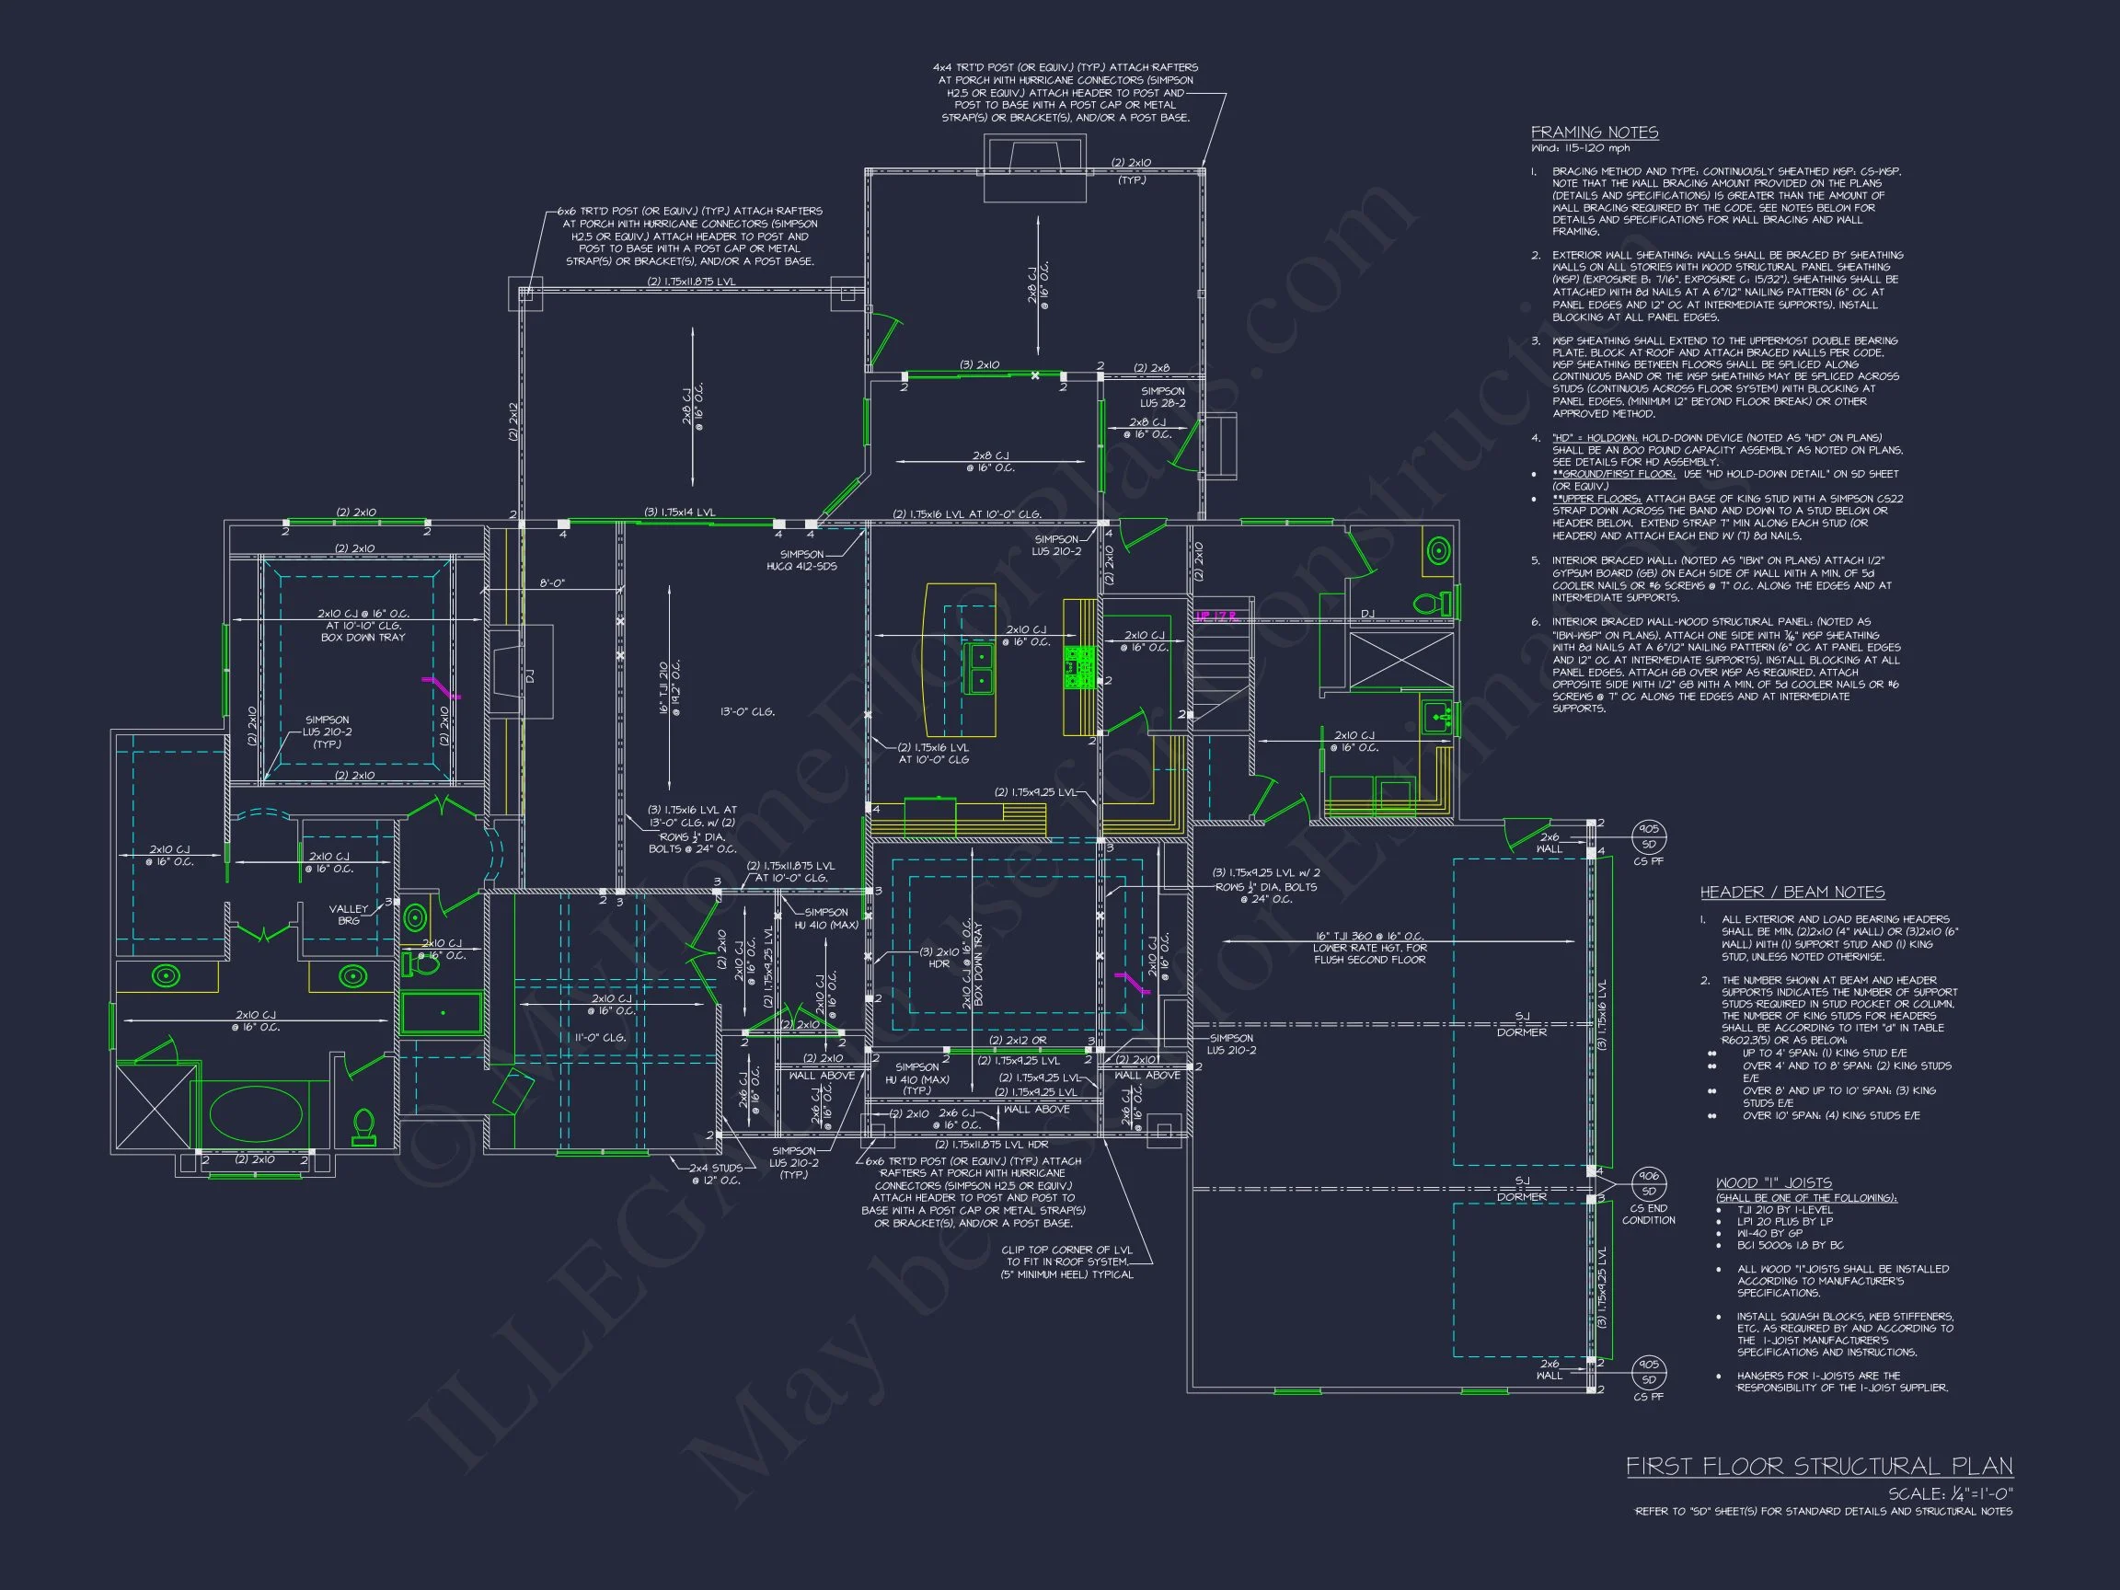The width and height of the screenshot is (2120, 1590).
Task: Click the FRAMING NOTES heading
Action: tap(1594, 132)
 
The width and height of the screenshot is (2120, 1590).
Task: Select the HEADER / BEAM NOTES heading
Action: tap(1792, 893)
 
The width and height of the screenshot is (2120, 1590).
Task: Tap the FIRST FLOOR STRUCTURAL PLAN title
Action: tap(1819, 1467)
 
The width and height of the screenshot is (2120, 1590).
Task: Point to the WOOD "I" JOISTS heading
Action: tap(1774, 1182)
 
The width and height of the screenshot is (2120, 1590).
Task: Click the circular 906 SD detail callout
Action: tap(1649, 1184)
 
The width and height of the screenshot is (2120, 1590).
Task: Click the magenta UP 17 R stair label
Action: tap(1217, 616)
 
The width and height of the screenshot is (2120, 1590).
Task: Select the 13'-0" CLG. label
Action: tap(747, 712)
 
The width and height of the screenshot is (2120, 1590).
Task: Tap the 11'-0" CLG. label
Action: tap(601, 1038)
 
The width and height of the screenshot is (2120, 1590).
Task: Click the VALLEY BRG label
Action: tap(349, 915)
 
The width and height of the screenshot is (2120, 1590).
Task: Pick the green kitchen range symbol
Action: tap(1079, 667)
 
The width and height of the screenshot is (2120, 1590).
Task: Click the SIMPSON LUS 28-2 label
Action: tap(1162, 397)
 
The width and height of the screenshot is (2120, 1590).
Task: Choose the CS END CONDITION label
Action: tap(1649, 1215)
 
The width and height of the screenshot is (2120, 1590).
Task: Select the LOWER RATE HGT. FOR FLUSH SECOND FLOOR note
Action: tap(1369, 953)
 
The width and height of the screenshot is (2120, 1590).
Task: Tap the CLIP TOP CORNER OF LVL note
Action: tap(1066, 1262)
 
